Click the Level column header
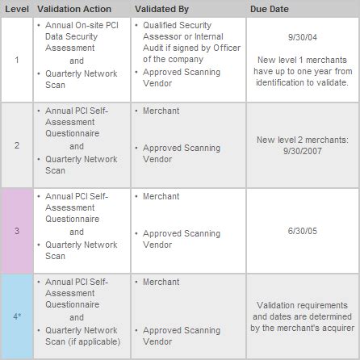pos(16,7)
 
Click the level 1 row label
pos(15,60)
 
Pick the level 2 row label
pos(15,147)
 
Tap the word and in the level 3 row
pos(77,230)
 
